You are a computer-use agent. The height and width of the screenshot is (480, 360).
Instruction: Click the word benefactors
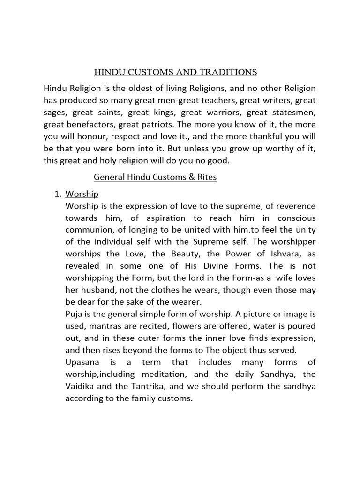pos(89,125)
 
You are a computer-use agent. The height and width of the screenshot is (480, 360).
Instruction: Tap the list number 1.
pos(58,194)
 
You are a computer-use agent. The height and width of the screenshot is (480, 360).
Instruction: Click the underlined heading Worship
pos(82,194)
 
